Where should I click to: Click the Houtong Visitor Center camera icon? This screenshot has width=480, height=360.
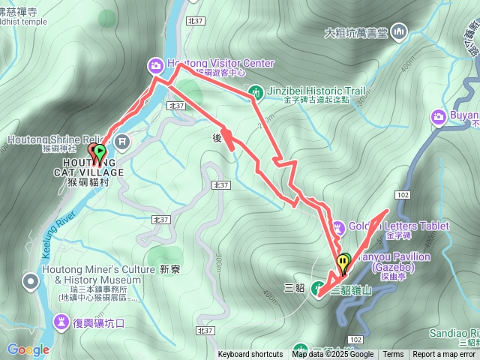coord(156,66)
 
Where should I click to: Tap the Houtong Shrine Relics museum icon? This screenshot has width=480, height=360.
coord(123,140)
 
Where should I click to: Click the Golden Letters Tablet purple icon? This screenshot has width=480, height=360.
coord(337,226)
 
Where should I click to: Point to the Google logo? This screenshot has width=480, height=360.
coord(28,349)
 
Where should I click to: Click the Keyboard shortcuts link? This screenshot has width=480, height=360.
coord(250,355)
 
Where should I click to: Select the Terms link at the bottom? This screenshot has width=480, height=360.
coord(393,355)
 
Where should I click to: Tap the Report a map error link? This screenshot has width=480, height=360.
coord(445,355)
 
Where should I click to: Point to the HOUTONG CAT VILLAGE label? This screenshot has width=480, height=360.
coord(93,172)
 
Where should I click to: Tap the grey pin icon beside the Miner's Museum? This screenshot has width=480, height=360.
coord(30,281)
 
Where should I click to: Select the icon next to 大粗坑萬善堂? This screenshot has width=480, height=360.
coord(398,31)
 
